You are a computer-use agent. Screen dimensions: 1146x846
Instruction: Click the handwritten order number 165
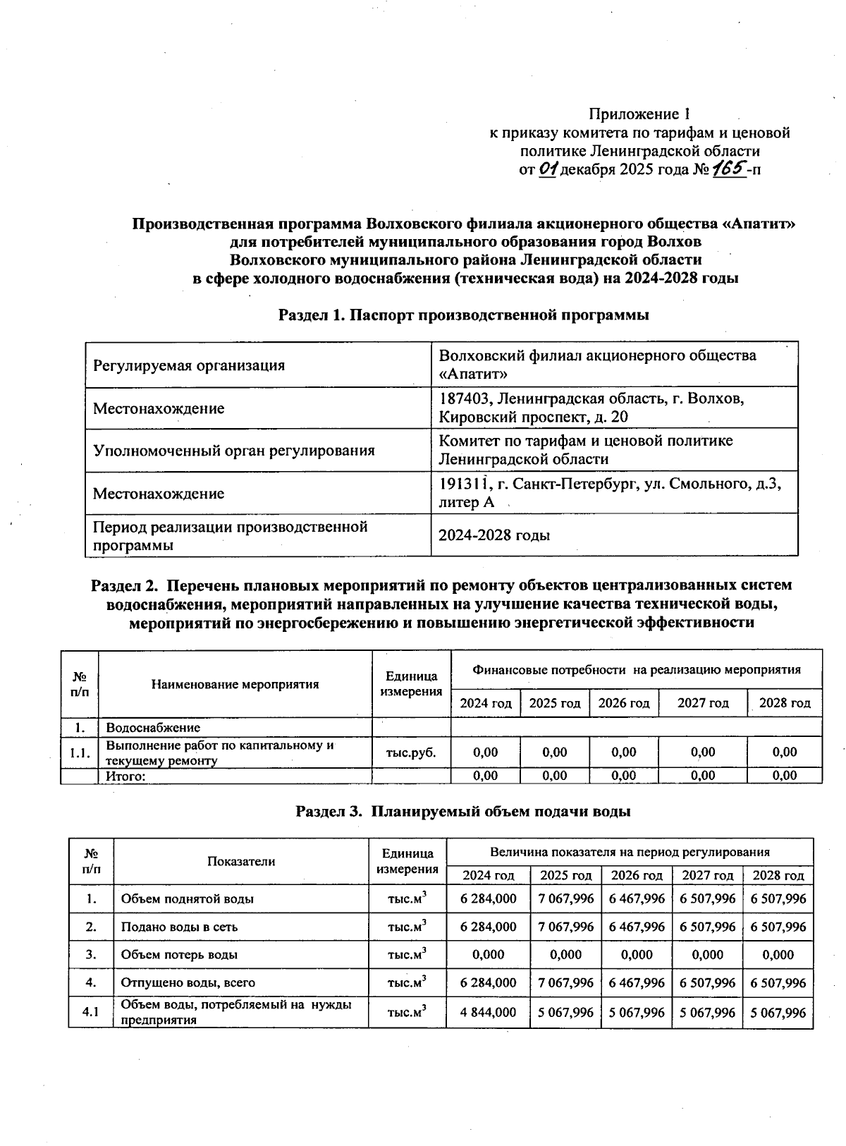coord(730,169)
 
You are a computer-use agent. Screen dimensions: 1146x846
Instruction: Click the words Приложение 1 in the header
coord(639,114)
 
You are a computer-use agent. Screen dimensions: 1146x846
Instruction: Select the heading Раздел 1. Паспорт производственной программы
coord(463,315)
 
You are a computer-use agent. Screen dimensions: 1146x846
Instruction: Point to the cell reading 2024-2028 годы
coord(494,535)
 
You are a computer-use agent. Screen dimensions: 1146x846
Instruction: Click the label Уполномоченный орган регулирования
coord(233,450)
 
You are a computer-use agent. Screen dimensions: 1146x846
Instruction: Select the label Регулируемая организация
coord(189,365)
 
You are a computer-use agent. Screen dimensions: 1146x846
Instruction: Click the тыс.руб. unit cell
coord(411,752)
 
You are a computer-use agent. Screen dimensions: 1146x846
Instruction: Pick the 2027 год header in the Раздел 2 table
coord(703,703)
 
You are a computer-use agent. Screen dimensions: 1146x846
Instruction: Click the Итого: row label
coord(125,776)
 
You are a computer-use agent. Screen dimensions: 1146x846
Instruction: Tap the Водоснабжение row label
coord(153,727)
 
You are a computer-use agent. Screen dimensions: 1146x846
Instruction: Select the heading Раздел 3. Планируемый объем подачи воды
coord(462,811)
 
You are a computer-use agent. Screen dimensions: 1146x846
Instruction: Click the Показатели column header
coord(241,861)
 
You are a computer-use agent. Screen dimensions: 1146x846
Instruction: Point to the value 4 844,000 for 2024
coord(488,1012)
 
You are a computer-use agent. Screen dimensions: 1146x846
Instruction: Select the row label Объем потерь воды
coord(179,955)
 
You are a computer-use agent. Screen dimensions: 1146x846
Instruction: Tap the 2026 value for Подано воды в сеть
coord(637,927)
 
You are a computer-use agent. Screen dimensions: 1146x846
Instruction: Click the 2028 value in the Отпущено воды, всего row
coord(778,982)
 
